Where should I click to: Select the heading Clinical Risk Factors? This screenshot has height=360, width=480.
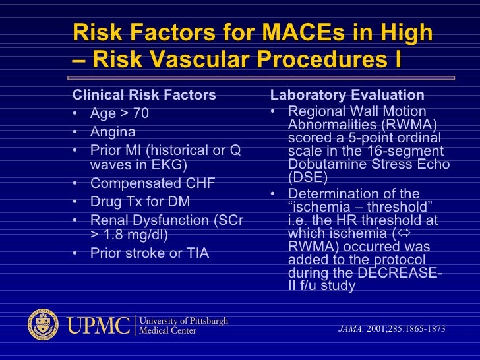coord(144,95)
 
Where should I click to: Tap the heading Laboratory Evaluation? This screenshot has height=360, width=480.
coord(347,95)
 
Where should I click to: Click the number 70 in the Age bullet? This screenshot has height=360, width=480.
coord(141,114)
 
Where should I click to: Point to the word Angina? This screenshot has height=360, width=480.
coord(113,132)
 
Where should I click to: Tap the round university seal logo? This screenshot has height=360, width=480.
coord(43,324)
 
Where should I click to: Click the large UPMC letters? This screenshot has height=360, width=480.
coord(98,324)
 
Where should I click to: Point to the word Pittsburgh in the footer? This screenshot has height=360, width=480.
coord(203,320)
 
